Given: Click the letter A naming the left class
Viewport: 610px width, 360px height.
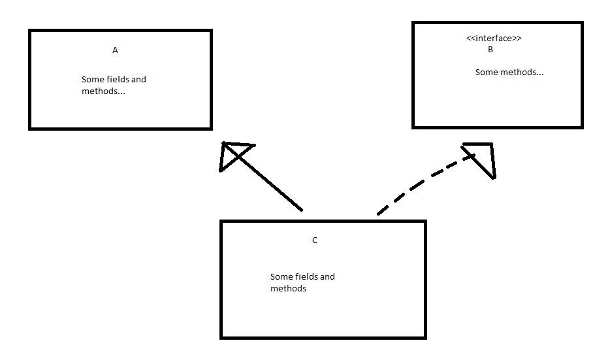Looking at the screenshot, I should [115, 50].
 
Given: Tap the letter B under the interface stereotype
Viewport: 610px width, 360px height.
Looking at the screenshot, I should [490, 49].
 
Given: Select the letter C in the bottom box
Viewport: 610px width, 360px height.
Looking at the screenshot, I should [314, 240].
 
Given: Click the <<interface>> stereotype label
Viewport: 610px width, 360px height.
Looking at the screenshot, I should [494, 39].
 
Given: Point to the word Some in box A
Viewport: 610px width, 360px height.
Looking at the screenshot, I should [92, 80].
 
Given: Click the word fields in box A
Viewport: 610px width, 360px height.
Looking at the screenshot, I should [117, 80].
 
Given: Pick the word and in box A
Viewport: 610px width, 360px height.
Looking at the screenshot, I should [138, 80].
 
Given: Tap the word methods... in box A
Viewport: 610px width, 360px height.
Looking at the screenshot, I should [103, 91].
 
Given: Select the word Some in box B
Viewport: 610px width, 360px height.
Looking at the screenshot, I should [487, 73].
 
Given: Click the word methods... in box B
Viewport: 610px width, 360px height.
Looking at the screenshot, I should [522, 73].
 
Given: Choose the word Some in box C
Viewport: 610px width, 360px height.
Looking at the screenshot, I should [281, 277].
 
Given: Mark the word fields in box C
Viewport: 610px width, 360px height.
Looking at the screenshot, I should [306, 277].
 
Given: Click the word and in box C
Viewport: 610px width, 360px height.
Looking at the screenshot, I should [327, 277].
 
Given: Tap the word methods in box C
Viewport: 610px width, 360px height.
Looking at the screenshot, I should [288, 289].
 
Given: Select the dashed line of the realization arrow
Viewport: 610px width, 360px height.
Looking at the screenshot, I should [418, 186].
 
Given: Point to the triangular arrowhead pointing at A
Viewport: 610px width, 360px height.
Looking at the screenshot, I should [233, 154].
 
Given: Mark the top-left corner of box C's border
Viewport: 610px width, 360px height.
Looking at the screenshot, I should [222, 222].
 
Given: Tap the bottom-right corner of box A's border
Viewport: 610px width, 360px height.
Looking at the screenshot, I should [210, 128].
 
